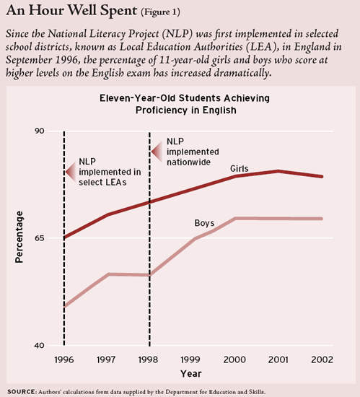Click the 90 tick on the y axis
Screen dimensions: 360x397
click(39, 131)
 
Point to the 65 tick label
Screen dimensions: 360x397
click(39, 238)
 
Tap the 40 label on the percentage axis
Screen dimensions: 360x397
click(39, 345)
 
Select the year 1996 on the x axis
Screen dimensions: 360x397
click(64, 359)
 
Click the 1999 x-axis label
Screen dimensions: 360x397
click(190, 359)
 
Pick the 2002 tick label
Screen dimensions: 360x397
click(322, 359)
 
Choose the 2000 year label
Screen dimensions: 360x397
click(234, 359)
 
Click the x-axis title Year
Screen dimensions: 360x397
click(191, 374)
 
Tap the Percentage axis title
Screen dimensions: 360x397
click(19, 237)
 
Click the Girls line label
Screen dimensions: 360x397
click(240, 169)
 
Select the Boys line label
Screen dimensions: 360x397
click(204, 223)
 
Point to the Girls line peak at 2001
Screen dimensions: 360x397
click(278, 171)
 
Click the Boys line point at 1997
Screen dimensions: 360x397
click(108, 274)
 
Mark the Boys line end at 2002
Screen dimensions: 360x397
click(322, 219)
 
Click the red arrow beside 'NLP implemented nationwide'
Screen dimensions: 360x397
click(157, 152)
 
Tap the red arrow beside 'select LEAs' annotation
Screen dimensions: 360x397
click(71, 172)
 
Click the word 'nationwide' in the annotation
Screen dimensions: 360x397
click(188, 162)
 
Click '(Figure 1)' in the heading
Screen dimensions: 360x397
click(161, 12)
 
